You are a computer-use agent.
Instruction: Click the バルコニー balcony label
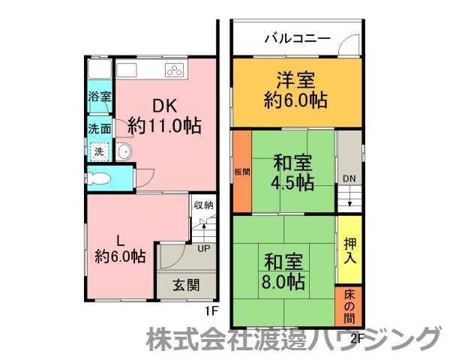point(298,38)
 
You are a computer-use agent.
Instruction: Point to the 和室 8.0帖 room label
point(283,271)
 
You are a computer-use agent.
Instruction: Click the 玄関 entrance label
point(186,285)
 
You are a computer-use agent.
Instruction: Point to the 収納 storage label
point(204,204)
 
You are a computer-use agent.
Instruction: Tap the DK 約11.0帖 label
point(163,115)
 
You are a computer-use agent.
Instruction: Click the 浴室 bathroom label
point(99,97)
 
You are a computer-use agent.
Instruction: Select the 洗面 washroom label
point(99,128)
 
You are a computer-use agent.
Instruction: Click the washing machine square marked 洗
point(98,151)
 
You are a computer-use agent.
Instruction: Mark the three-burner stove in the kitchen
point(174,71)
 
